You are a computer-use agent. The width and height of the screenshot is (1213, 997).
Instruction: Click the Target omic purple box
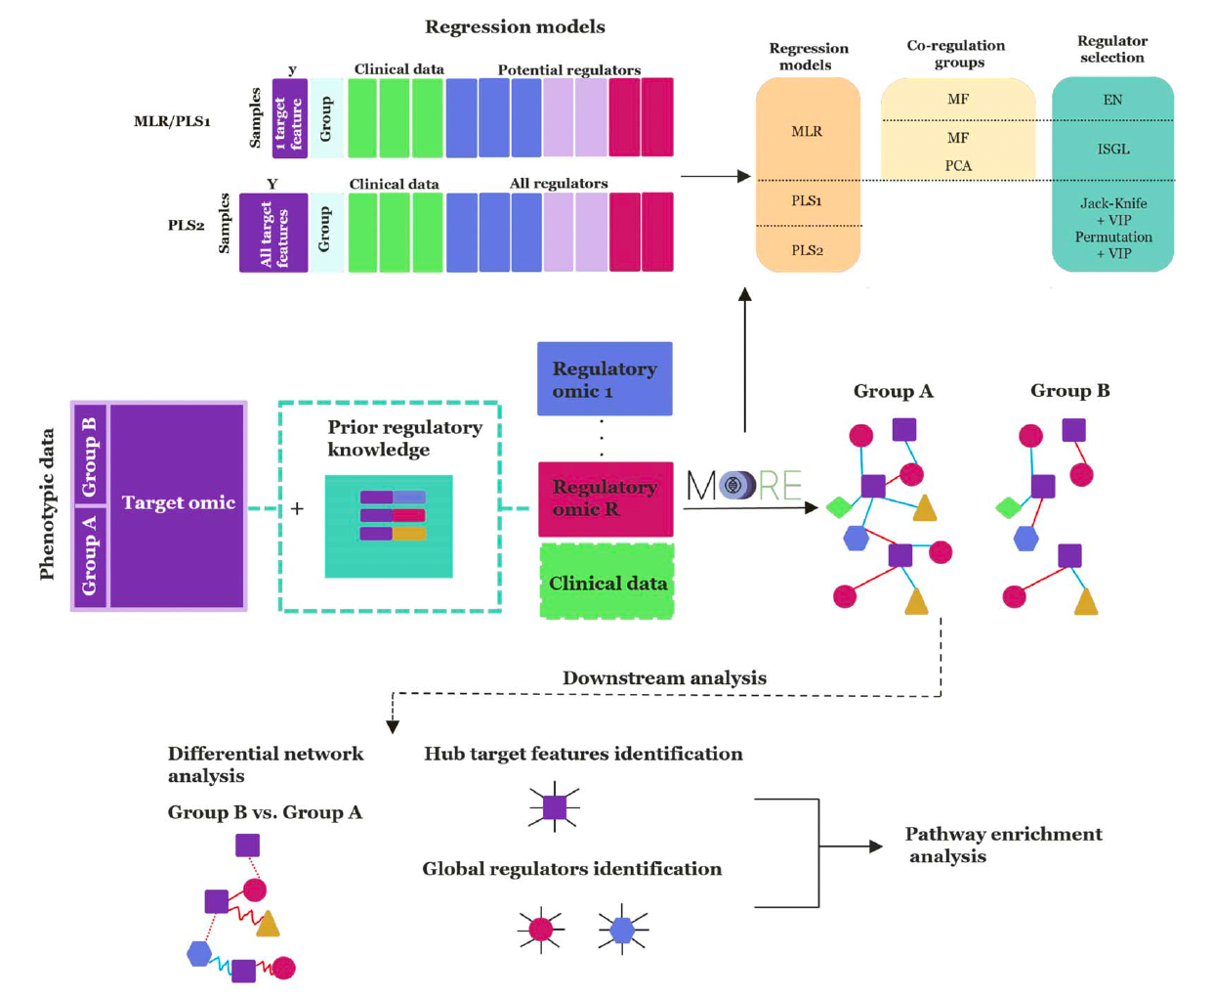pyautogui.click(x=177, y=504)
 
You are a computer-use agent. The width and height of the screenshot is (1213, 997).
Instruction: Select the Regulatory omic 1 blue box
pyautogui.click(x=605, y=379)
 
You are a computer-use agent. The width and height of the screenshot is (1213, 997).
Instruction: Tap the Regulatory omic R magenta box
pyautogui.click(x=606, y=498)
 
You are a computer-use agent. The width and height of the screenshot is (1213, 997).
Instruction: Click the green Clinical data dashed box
pyautogui.click(x=607, y=584)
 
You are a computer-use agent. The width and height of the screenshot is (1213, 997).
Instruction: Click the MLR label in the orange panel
pyautogui.click(x=807, y=131)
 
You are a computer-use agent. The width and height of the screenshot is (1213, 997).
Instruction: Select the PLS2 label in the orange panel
pyautogui.click(x=807, y=250)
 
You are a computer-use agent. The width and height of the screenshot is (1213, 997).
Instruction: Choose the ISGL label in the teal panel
pyautogui.click(x=1113, y=150)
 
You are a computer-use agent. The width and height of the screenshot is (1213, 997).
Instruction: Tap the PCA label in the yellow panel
pyautogui.click(x=958, y=166)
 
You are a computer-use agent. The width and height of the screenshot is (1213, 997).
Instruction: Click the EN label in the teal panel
pyautogui.click(x=1112, y=100)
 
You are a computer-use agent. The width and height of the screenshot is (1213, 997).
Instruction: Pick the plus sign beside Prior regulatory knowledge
pyautogui.click(x=297, y=508)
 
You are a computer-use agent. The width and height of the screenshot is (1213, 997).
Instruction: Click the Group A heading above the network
pyautogui.click(x=893, y=391)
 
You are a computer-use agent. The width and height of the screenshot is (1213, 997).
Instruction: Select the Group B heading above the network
pyautogui.click(x=1069, y=391)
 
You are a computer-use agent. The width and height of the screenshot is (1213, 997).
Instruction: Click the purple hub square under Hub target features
pyautogui.click(x=555, y=807)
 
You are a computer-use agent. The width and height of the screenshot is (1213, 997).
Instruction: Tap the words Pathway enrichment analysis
pyautogui.click(x=1003, y=845)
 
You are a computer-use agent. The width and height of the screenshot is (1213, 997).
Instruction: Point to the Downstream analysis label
pyautogui.click(x=664, y=677)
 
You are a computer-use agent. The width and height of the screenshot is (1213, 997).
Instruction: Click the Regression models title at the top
pyautogui.click(x=515, y=27)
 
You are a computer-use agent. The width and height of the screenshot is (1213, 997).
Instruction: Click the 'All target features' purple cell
pyautogui.click(x=273, y=233)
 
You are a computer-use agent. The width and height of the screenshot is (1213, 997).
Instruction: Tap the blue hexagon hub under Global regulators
pyautogui.click(x=622, y=929)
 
